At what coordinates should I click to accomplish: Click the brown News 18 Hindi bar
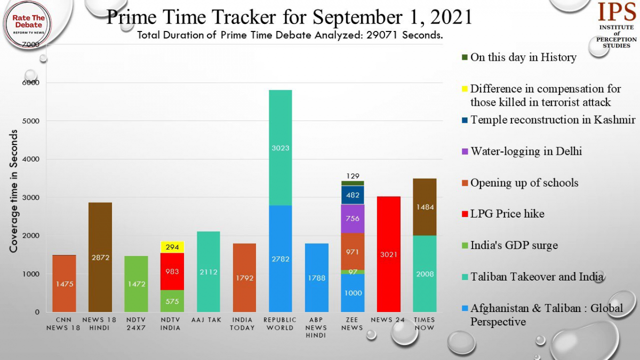click(x=100, y=257)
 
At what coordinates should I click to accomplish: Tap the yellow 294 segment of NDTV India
click(x=172, y=247)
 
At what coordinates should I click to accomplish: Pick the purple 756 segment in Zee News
click(x=353, y=219)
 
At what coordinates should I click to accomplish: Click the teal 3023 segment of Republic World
click(x=280, y=148)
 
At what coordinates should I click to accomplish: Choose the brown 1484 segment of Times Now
click(x=425, y=207)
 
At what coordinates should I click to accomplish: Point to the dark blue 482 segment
click(x=353, y=195)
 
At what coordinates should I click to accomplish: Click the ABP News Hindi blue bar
click(x=316, y=277)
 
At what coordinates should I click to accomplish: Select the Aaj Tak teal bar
click(x=208, y=271)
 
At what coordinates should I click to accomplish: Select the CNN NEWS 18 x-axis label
click(x=64, y=324)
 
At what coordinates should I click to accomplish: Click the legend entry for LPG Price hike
click(x=507, y=214)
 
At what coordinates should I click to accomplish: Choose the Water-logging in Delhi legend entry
click(x=525, y=151)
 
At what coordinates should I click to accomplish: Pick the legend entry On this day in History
click(x=523, y=58)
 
